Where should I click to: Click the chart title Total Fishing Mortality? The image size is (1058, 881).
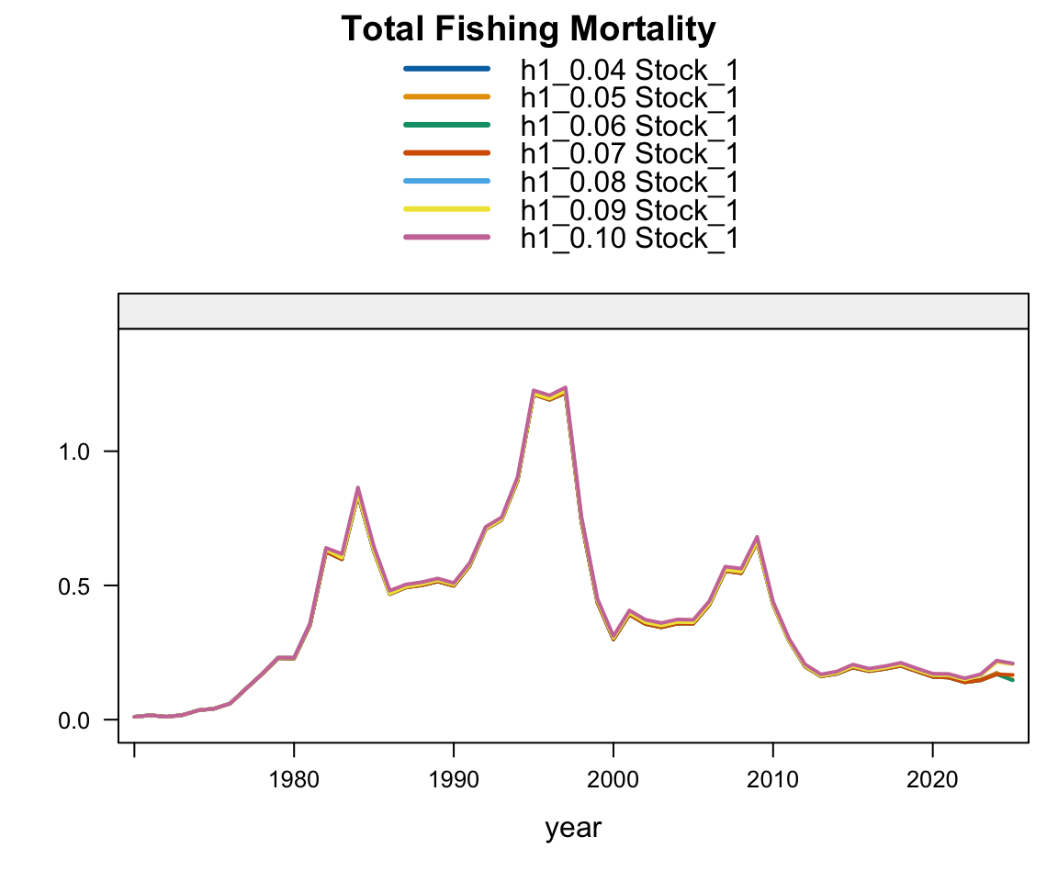[528, 30]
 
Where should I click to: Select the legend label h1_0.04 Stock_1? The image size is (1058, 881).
[629, 70]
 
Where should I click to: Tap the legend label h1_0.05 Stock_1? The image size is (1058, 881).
[629, 98]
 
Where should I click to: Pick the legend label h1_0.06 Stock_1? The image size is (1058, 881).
[629, 126]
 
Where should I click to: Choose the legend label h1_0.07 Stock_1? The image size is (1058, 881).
[629, 153]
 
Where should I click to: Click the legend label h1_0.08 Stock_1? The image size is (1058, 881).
[629, 182]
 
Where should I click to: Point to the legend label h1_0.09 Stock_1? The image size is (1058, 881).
[629, 210]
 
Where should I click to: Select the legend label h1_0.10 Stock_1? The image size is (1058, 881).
[629, 239]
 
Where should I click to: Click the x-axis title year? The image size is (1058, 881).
[573, 829]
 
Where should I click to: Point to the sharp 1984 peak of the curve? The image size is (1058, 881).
[357, 489]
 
